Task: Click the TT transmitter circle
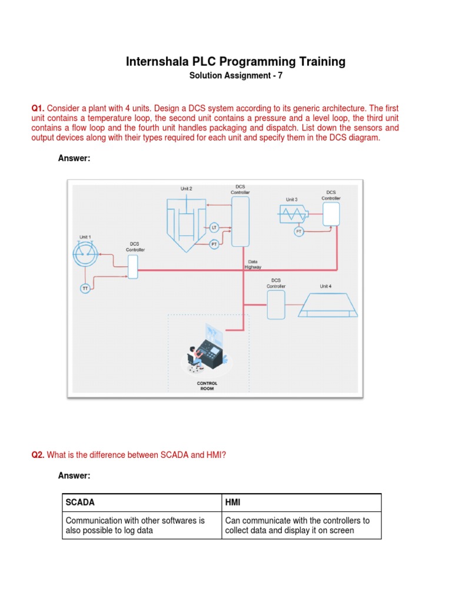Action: coord(85,288)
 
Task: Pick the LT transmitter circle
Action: coord(214,227)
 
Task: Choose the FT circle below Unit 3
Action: coord(299,232)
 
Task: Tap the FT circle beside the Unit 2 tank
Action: coord(214,243)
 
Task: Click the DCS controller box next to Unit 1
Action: coord(133,266)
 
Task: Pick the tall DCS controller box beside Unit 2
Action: coord(240,221)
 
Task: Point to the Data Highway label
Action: coord(252,264)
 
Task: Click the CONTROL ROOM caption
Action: coord(207,386)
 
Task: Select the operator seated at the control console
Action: coord(192,359)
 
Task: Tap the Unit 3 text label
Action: coord(291,200)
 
